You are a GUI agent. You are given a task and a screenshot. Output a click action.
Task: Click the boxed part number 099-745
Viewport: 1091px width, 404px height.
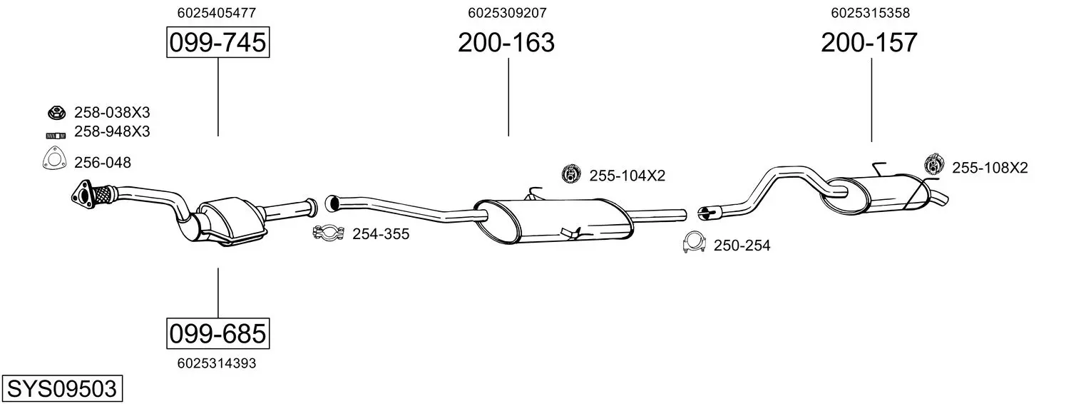[217, 42]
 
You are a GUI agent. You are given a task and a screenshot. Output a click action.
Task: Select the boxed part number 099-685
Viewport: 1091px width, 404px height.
[217, 334]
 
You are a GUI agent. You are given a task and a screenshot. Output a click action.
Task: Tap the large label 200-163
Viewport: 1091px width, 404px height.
[506, 42]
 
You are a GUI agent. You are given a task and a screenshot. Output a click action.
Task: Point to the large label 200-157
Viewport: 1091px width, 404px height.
[869, 42]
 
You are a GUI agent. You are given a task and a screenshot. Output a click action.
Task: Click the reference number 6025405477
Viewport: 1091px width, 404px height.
[216, 13]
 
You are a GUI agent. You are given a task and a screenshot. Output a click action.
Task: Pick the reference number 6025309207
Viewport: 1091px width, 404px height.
[507, 13]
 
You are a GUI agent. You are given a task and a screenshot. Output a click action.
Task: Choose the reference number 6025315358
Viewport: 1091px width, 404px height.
[871, 13]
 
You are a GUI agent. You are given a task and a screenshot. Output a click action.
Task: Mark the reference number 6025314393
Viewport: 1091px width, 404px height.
[217, 363]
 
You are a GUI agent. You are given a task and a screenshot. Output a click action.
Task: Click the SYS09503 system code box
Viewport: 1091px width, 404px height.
[62, 389]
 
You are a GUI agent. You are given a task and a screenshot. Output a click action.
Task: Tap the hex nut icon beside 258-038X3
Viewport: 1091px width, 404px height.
[56, 113]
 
